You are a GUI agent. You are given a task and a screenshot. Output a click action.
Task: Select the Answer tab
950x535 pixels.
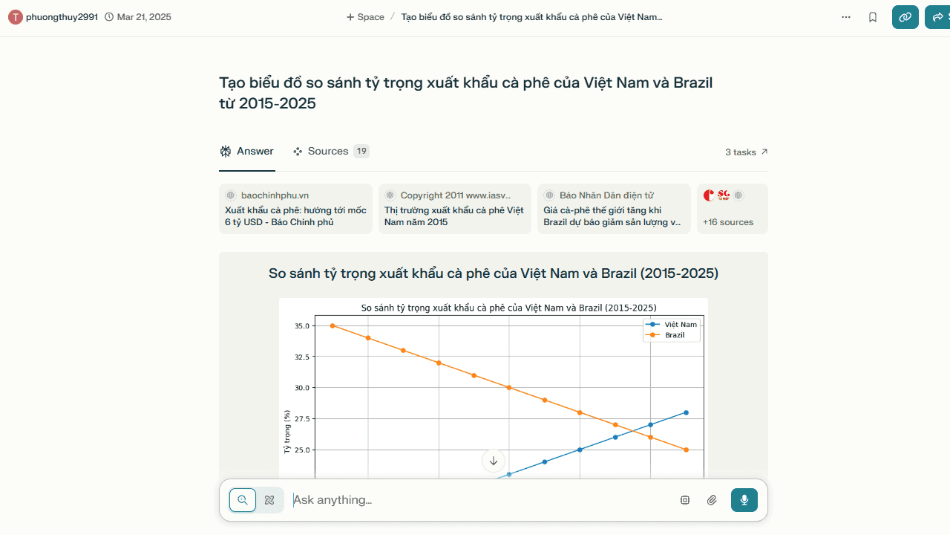pyautogui.click(x=247, y=151)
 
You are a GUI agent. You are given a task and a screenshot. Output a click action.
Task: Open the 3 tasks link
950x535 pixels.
pyautogui.click(x=746, y=152)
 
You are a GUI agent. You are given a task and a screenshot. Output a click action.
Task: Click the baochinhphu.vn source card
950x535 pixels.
pyautogui.click(x=295, y=209)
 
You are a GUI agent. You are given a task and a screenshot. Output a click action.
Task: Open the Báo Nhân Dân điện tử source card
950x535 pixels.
pyautogui.click(x=614, y=209)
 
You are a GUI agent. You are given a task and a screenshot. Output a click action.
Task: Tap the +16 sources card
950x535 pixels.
pyautogui.click(x=733, y=209)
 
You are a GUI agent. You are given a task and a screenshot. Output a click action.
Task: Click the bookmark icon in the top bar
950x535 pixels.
pyautogui.click(x=872, y=17)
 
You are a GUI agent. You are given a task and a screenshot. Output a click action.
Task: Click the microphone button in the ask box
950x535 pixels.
pyautogui.click(x=744, y=500)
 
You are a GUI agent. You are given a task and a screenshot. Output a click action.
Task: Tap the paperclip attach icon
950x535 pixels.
pyautogui.click(x=712, y=500)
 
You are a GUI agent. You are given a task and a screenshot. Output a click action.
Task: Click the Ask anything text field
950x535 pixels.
pyautogui.click(x=479, y=500)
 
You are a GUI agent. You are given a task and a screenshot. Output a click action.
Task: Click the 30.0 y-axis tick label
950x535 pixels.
pyautogui.click(x=302, y=388)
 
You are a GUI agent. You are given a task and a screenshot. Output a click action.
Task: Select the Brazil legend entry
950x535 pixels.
pyautogui.click(x=670, y=335)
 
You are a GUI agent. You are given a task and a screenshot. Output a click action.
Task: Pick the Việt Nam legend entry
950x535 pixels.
pyautogui.click(x=671, y=325)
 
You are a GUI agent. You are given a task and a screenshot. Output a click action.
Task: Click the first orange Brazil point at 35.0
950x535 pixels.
pyautogui.click(x=332, y=325)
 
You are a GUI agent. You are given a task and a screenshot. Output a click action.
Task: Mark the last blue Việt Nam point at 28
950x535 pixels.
pyautogui.click(x=687, y=412)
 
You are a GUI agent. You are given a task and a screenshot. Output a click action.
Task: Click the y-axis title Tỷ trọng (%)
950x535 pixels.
pyautogui.click(x=287, y=432)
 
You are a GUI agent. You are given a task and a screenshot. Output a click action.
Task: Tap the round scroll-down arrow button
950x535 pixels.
pyautogui.click(x=494, y=461)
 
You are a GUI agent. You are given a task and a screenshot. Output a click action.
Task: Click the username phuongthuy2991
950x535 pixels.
pyautogui.click(x=62, y=17)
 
